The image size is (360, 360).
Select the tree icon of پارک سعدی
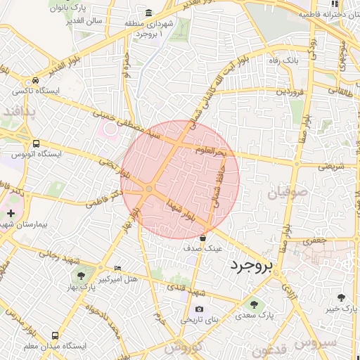click(x=253, y=304)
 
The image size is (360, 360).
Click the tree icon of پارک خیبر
click(x=341, y=297)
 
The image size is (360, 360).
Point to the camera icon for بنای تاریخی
click(x=199, y=309)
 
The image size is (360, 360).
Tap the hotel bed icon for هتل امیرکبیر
click(x=117, y=268)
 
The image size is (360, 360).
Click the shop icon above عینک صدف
click(x=203, y=238)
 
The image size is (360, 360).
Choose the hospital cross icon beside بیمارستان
click(x=10, y=212)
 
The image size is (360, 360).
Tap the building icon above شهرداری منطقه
click(x=148, y=13)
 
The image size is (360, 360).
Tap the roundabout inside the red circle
click(x=149, y=188)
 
